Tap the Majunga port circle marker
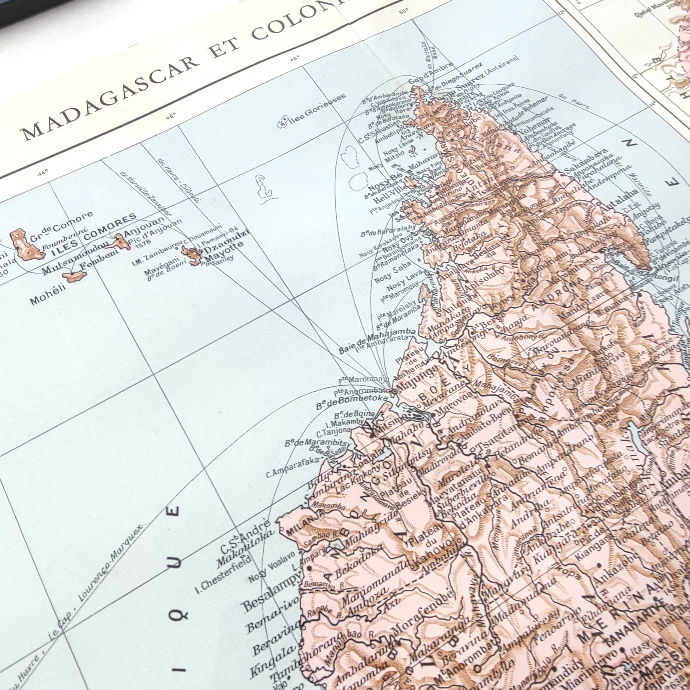click(394, 391)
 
